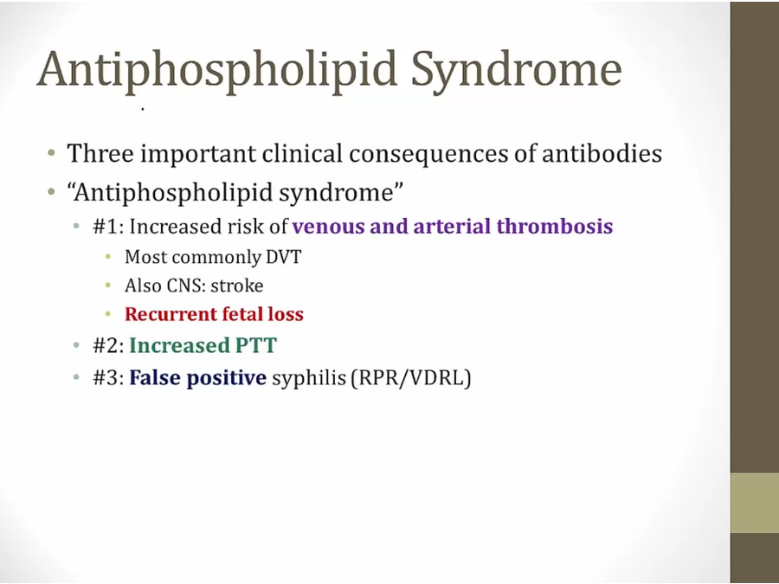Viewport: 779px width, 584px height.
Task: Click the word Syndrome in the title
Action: click(x=516, y=72)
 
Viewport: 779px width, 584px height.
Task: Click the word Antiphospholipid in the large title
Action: click(x=216, y=72)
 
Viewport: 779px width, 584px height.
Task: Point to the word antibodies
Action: click(x=602, y=153)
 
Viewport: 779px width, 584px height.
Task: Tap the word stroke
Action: click(x=237, y=286)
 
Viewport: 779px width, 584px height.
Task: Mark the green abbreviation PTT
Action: click(x=256, y=345)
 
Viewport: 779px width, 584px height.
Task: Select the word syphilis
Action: click(x=308, y=379)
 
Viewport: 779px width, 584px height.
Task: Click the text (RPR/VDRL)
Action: click(x=411, y=379)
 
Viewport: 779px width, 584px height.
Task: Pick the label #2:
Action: click(x=108, y=345)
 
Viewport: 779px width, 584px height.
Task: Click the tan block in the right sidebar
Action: click(x=754, y=503)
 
